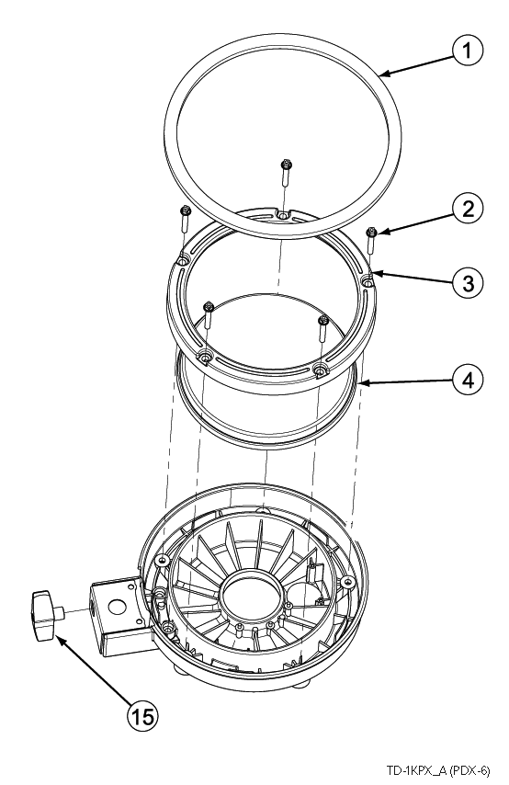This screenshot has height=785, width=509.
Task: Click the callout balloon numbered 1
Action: (x=468, y=51)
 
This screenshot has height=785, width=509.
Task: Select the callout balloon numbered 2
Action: (x=468, y=209)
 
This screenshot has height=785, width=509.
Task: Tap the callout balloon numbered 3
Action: (x=468, y=283)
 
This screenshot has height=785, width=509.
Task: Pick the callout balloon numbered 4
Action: (x=468, y=380)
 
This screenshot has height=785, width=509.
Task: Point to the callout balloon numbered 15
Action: (x=142, y=717)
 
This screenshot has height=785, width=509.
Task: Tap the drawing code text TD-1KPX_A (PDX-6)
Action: (x=438, y=769)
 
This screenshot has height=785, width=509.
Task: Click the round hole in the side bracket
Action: (x=116, y=608)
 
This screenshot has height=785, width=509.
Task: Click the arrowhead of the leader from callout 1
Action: (x=383, y=75)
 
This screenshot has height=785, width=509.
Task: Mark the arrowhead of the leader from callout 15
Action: (x=58, y=637)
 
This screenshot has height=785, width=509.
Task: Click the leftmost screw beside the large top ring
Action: (x=184, y=219)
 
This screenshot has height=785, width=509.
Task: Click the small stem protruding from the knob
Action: (x=60, y=612)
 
